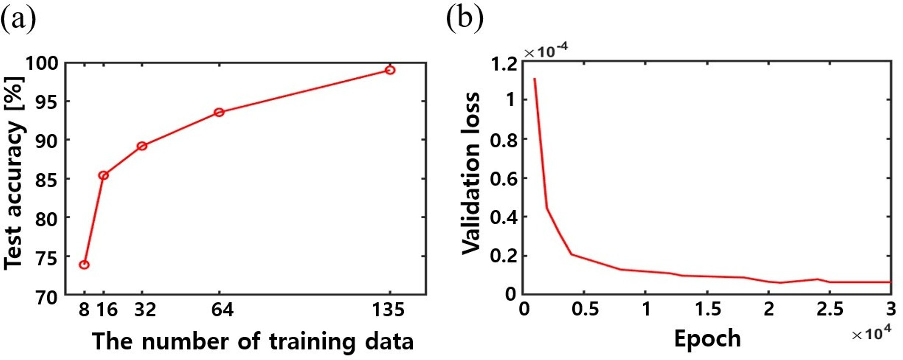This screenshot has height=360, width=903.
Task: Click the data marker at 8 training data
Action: click(x=84, y=264)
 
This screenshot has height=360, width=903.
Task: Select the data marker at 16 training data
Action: click(x=103, y=175)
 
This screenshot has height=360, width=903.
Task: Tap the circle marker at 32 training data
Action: click(x=142, y=146)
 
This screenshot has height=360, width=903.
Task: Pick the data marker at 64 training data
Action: click(x=219, y=112)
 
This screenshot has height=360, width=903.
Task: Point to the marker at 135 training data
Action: click(x=390, y=70)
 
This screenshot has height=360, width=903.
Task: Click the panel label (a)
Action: click(x=18, y=20)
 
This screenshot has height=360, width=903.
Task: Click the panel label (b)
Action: click(x=464, y=20)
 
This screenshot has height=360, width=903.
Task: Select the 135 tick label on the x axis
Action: click(x=388, y=310)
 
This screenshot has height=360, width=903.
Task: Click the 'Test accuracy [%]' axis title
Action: click(x=14, y=173)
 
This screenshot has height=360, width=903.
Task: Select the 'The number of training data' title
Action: click(x=253, y=342)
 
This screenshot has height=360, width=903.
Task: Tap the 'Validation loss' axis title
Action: click(x=471, y=173)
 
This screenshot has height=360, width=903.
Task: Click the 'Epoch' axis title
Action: click(x=707, y=339)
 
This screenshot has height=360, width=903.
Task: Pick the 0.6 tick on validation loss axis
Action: click(x=503, y=178)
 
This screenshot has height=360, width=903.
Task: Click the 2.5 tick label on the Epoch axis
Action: click(x=830, y=309)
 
